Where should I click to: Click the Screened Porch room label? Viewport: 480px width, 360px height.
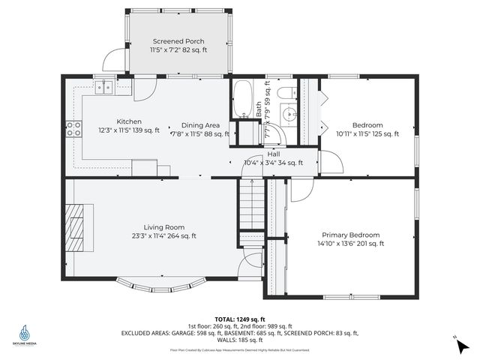point(178,41)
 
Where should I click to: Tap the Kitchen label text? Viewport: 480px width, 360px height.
point(129,121)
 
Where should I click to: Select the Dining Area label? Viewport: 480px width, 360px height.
point(199,125)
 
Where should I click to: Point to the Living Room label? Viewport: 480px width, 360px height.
point(164,227)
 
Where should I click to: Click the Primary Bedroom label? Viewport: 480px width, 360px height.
point(351,234)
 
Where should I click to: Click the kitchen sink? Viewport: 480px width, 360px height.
point(103,86)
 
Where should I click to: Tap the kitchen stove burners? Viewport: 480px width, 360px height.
point(73,129)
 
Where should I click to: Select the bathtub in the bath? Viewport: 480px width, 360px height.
point(242,100)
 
